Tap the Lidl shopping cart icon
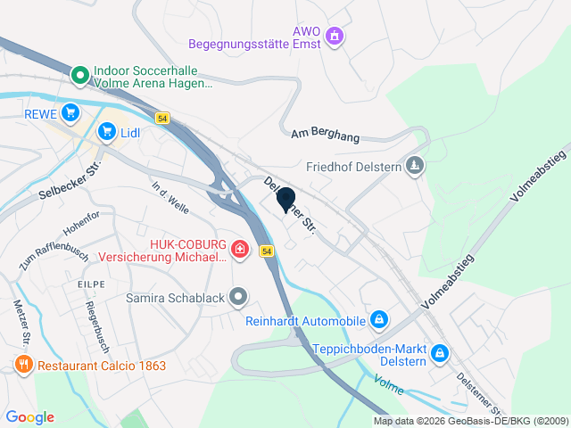coord(107,133)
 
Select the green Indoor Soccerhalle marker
coord(79,76)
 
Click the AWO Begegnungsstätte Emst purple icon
coord(335,37)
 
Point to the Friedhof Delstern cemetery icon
coord(415,165)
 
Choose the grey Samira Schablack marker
coord(238,296)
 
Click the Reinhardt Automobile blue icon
coord(379,318)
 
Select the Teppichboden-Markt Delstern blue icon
coord(439,354)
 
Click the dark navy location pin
coord(286,201)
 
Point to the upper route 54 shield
coord(161,118)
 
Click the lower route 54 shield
coord(267,252)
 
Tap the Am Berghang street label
coord(325,135)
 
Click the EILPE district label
coord(91,284)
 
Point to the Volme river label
coord(389,385)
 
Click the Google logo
coord(29,417)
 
